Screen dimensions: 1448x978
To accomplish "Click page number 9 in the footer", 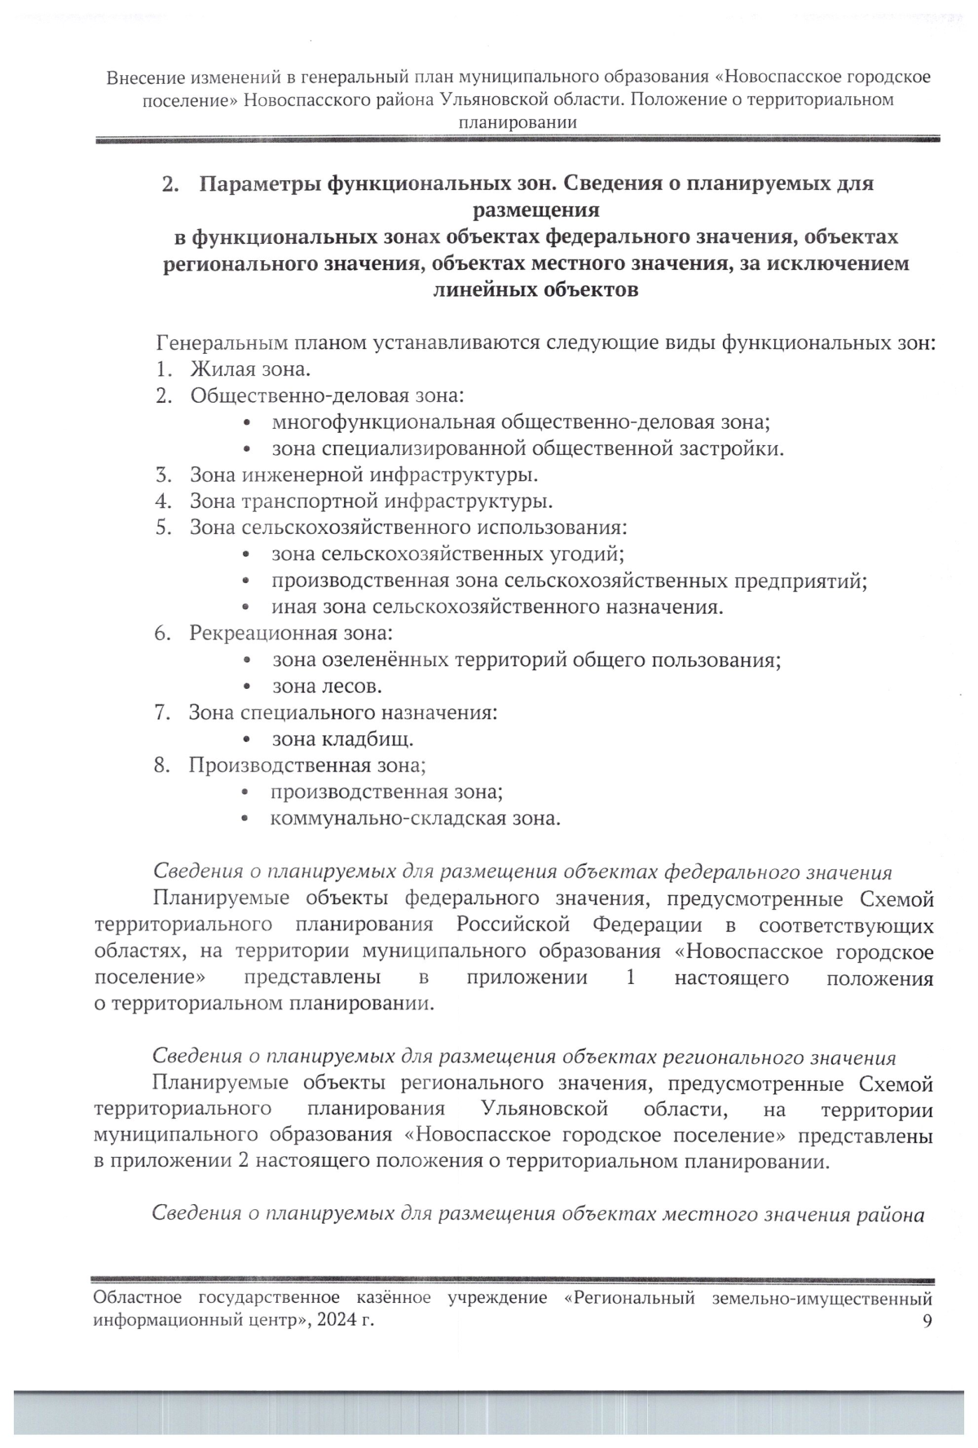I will [927, 1322].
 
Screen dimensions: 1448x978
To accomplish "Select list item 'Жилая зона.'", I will [250, 370].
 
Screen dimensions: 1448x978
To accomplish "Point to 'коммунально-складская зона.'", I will [415, 818].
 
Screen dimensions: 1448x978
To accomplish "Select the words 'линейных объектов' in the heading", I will [535, 290].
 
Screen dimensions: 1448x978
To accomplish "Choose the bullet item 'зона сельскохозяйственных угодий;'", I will [447, 554].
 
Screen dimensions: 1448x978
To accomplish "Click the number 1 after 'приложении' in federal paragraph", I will [630, 978].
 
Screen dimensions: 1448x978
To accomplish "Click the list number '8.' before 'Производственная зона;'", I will [162, 766].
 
